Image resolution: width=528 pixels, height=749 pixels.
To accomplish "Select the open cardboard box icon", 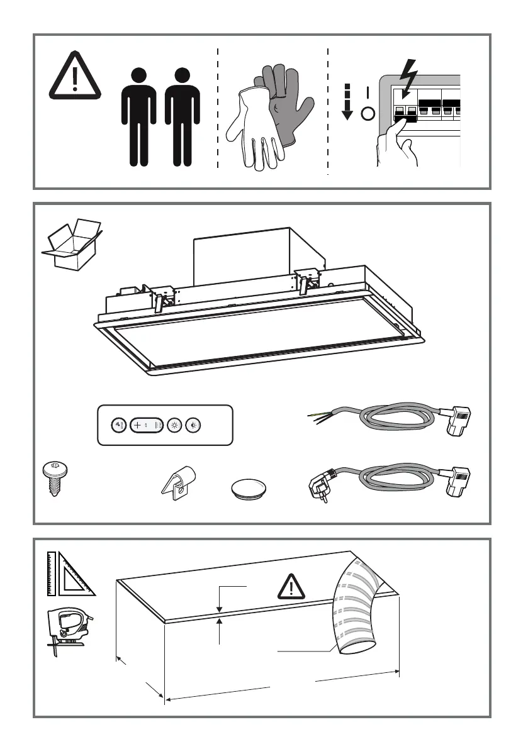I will pyautogui.click(x=72, y=244).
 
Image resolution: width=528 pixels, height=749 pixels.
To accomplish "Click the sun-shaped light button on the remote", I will pyautogui.click(x=176, y=424).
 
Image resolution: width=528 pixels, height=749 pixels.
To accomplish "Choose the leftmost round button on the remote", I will pyautogui.click(x=118, y=424).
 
